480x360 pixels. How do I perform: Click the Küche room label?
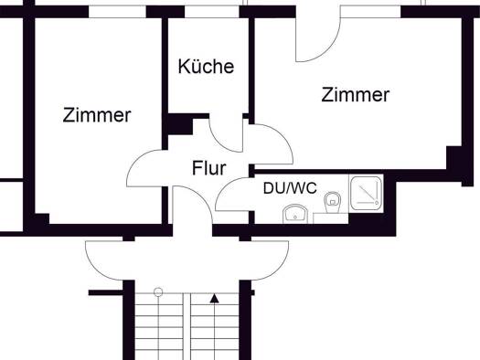pyautogui.click(x=206, y=66)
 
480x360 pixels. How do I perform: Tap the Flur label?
pyautogui.click(x=209, y=168)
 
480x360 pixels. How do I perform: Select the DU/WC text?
pyautogui.click(x=290, y=188)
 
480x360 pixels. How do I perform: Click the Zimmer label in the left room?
pyautogui.click(x=97, y=115)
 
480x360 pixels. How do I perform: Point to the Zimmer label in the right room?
pyautogui.click(x=356, y=95)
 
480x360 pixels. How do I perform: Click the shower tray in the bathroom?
pyautogui.click(x=366, y=193)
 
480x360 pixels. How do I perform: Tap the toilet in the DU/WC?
pyautogui.click(x=332, y=202)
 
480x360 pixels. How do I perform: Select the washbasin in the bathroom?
pyautogui.click(x=295, y=214)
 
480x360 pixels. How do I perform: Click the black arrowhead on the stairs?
pyautogui.click(x=214, y=299)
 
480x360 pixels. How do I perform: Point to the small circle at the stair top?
pyautogui.click(x=158, y=292)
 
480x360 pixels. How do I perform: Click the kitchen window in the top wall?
pyautogui.click(x=212, y=12)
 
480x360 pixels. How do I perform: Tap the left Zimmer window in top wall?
pyautogui.click(x=117, y=12)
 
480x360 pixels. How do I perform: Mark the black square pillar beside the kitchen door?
pyautogui.click(x=180, y=125)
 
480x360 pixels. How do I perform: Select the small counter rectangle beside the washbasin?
pyautogui.click(x=331, y=218)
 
